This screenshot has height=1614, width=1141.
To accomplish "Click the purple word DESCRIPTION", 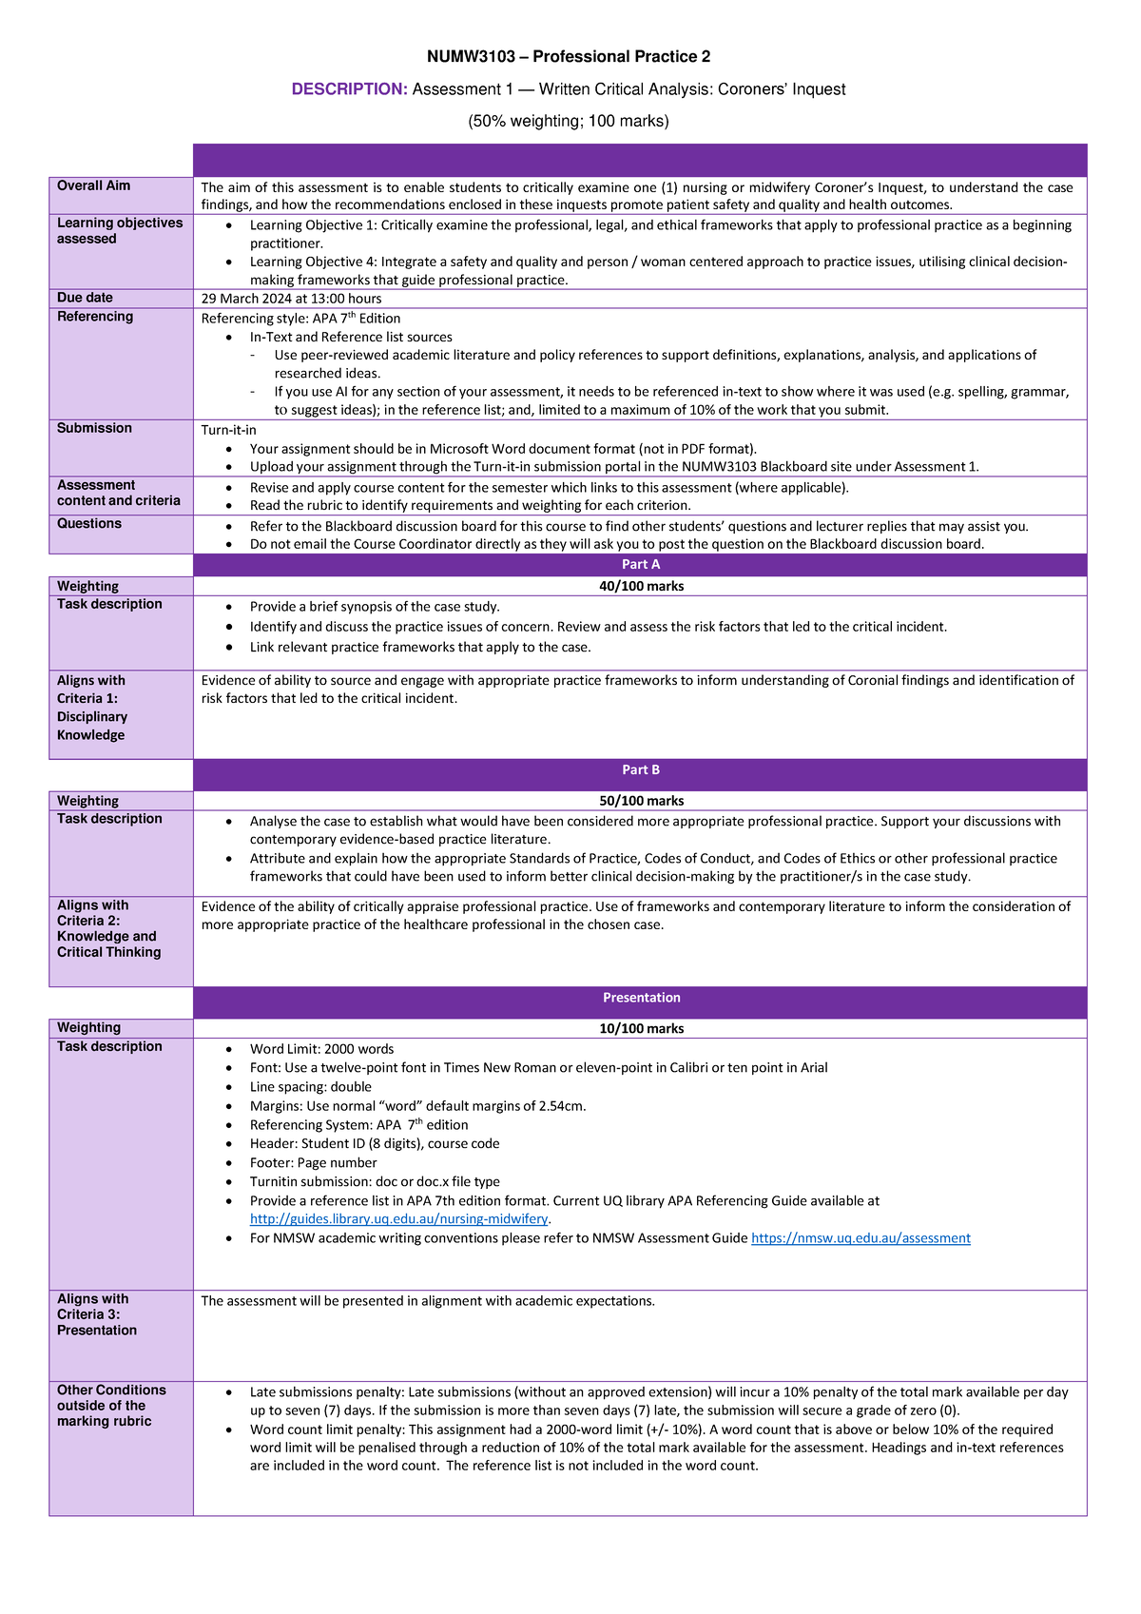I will click(x=349, y=89).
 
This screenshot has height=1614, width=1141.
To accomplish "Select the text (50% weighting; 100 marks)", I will click(x=569, y=121).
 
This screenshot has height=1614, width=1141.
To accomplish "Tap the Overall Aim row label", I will click(x=93, y=185).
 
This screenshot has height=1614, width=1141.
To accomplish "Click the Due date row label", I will click(x=85, y=298).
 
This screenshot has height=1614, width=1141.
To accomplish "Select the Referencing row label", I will click(x=95, y=317).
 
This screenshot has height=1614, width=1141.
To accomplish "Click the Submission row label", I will click(x=94, y=428).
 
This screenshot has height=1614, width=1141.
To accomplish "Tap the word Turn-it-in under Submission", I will click(x=228, y=430).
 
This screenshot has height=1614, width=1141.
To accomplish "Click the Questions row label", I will click(x=89, y=523).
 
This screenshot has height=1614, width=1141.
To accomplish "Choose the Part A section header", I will click(x=640, y=564).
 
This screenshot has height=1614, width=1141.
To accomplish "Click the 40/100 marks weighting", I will click(x=641, y=586).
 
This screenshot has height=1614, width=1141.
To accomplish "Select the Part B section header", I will click(x=640, y=769).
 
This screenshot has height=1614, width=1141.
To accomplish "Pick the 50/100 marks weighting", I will click(x=641, y=801).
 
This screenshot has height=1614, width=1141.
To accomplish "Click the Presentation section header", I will click(x=641, y=998).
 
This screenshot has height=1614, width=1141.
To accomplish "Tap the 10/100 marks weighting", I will click(x=641, y=1028).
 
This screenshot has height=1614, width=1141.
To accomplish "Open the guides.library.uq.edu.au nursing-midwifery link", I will click(x=399, y=1218).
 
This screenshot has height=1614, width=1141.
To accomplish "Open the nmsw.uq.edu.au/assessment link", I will click(x=861, y=1237).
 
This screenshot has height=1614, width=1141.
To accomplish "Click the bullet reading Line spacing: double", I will click(x=310, y=1086).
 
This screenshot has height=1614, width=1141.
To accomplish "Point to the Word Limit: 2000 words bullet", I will click(x=321, y=1049).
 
